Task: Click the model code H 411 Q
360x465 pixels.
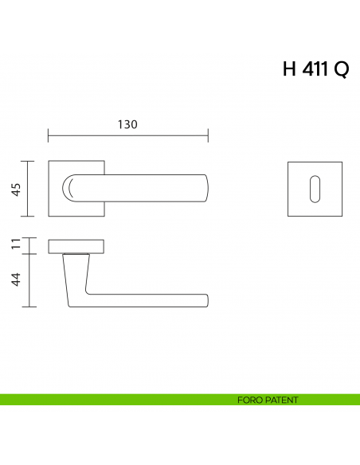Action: (315, 70)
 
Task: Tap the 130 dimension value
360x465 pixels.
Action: (127, 125)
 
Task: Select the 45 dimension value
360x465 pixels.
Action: (15, 189)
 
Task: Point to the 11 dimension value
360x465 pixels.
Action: (15, 245)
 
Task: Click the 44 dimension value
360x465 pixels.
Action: (15, 280)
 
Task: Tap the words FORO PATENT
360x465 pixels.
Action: (268, 400)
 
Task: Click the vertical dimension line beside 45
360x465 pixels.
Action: (29, 189)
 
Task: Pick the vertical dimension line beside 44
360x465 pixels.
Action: (29, 280)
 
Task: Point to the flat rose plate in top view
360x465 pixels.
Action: (76, 244)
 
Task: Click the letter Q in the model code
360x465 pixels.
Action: (340, 70)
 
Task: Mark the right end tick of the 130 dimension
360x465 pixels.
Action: (208, 135)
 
